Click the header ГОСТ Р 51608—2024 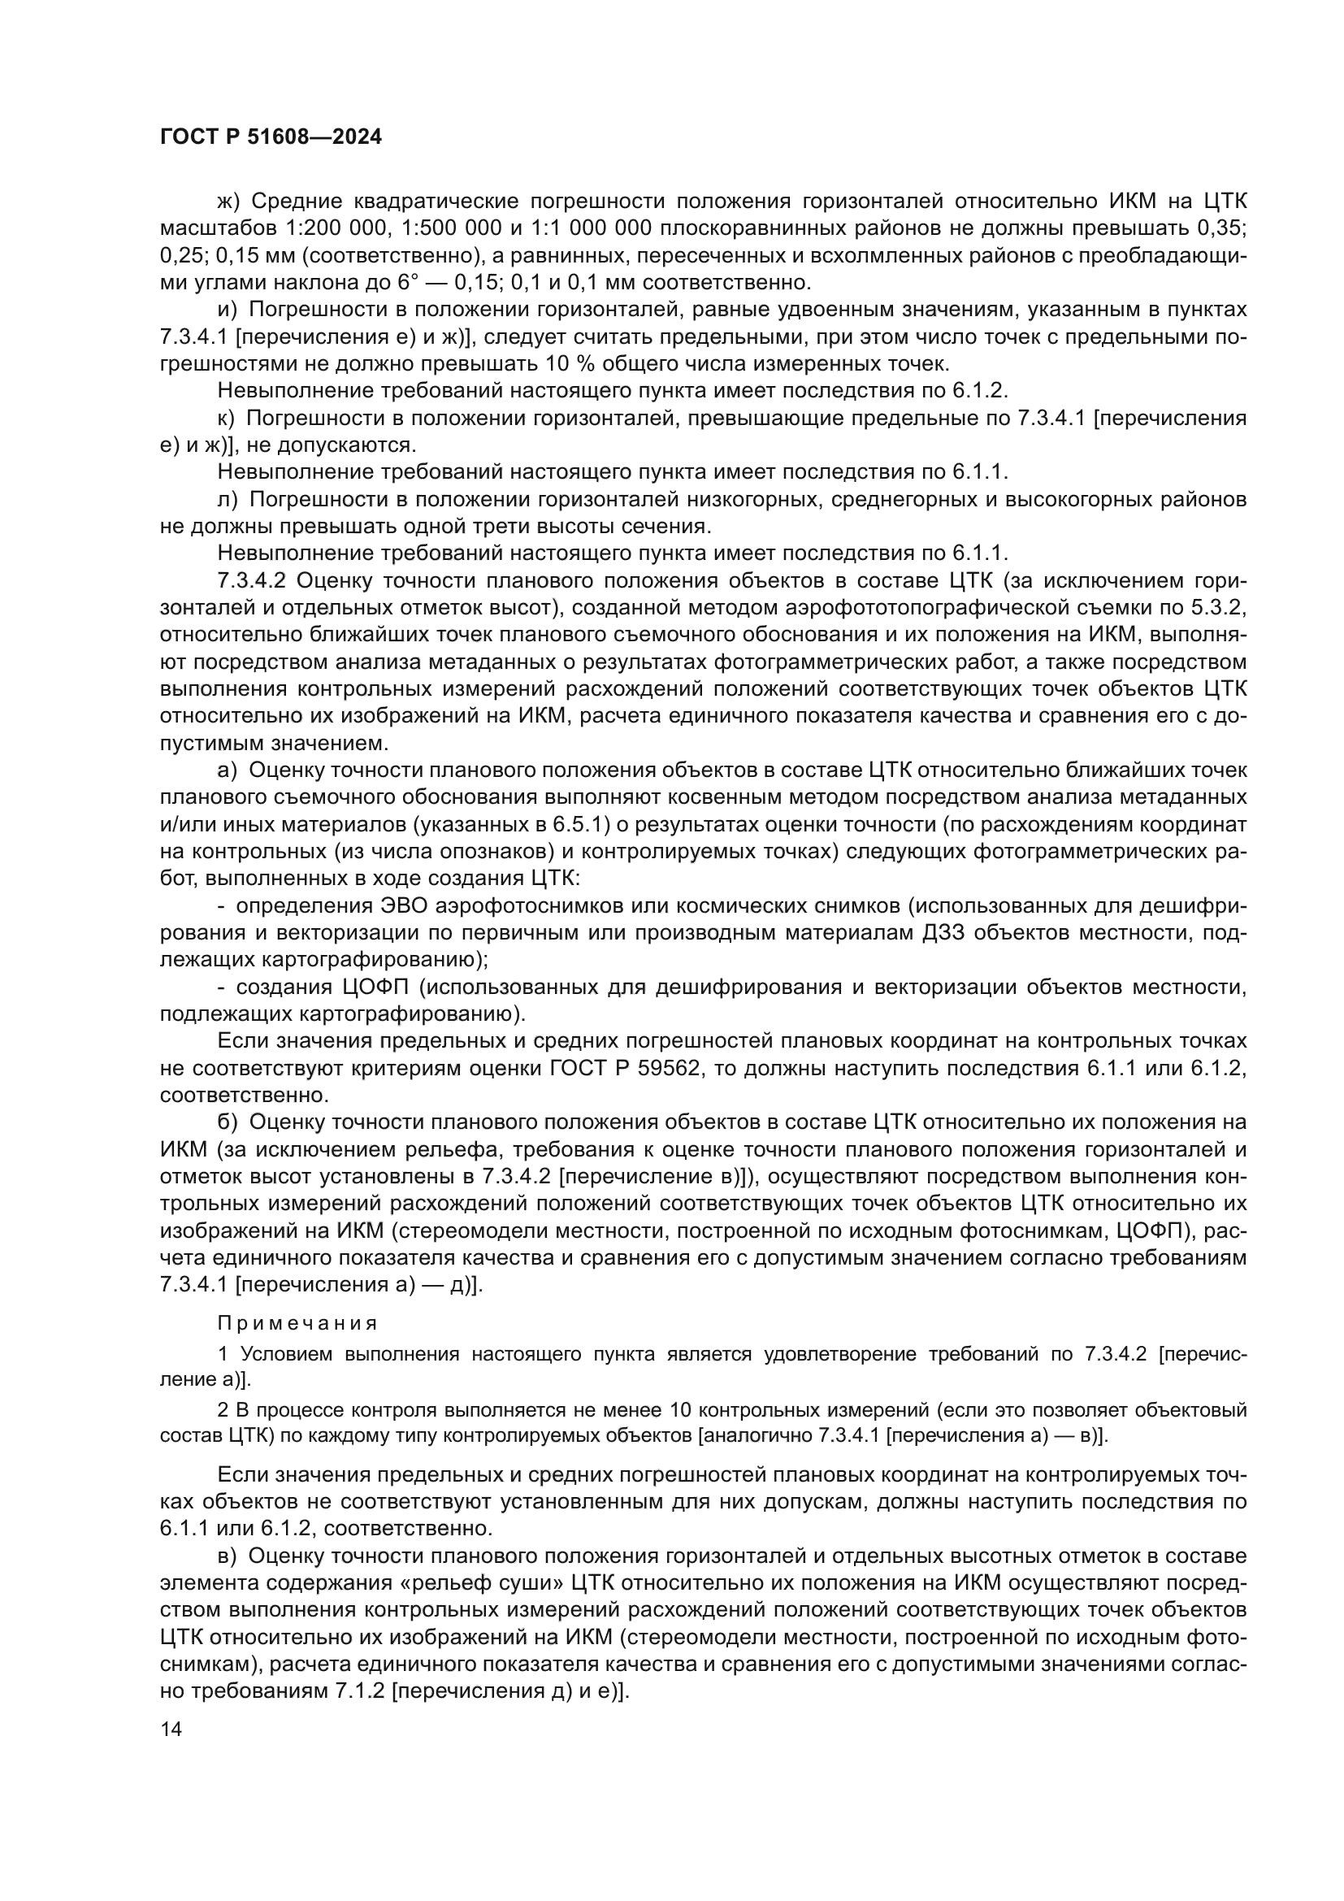point(271,137)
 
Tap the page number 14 point(171,1729)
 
